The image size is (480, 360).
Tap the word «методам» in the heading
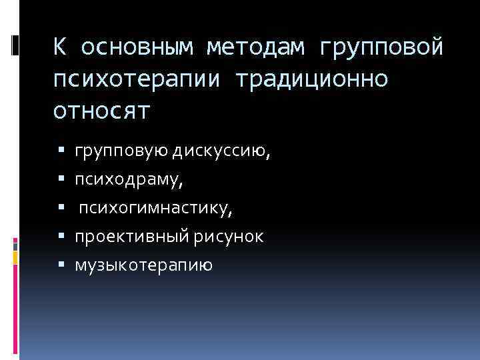(255, 48)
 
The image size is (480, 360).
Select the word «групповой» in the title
(381, 48)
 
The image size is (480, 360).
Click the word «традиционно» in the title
(311, 79)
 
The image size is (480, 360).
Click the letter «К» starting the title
(60, 48)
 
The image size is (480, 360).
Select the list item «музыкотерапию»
(143, 266)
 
